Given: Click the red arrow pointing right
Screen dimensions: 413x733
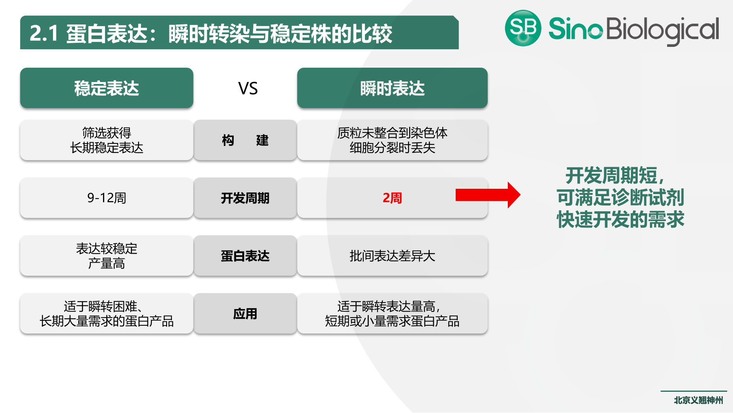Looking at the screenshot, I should (487, 195).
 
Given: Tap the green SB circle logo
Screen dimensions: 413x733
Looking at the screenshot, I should (523, 28).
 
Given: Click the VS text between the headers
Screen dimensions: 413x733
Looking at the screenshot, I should (248, 88).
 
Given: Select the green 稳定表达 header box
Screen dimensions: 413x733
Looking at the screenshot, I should (107, 88).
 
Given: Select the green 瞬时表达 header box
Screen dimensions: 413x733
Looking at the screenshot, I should (392, 88).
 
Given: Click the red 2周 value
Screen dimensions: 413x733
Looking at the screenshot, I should (392, 198).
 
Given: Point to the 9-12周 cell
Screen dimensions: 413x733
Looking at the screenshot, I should (107, 198).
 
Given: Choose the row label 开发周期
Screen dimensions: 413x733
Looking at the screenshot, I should (245, 198).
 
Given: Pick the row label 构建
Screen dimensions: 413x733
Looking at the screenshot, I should (245, 140).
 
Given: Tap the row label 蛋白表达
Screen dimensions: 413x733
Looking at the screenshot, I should (245, 256).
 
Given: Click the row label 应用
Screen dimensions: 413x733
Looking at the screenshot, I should (245, 314).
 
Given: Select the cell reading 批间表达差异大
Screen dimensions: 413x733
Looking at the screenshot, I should (392, 256).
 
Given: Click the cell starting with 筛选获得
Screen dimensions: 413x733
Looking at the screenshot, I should (107, 140).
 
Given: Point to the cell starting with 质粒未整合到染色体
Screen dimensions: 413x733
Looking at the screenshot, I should (392, 140).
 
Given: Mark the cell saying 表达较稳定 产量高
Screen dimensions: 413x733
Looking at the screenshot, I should (107, 256).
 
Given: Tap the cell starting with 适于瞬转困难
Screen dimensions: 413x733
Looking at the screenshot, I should (107, 314).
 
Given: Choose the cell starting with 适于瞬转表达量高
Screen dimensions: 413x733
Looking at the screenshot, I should (392, 314).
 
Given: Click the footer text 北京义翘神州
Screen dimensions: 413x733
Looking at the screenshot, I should (698, 400).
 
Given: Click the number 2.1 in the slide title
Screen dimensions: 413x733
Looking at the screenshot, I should (44, 33).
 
